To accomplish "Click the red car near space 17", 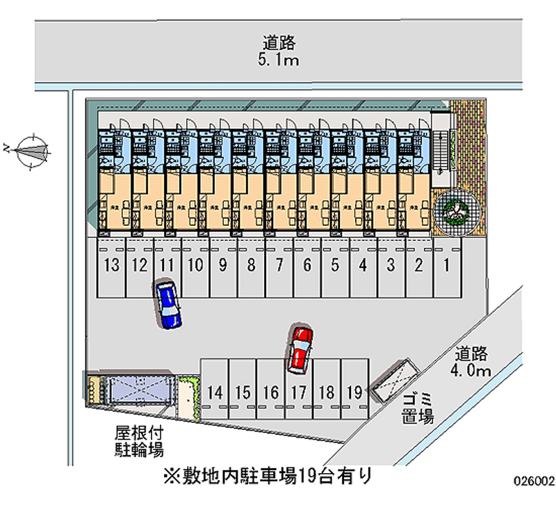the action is click(x=301, y=347).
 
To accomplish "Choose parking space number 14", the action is click(x=215, y=392).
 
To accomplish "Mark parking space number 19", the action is click(x=354, y=392).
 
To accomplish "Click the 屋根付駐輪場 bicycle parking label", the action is click(x=139, y=440).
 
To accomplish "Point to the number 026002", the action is click(x=533, y=479).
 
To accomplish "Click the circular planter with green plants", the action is click(x=457, y=208).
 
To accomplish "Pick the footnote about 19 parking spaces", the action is click(x=268, y=476).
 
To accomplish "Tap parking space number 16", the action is click(x=270, y=392).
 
